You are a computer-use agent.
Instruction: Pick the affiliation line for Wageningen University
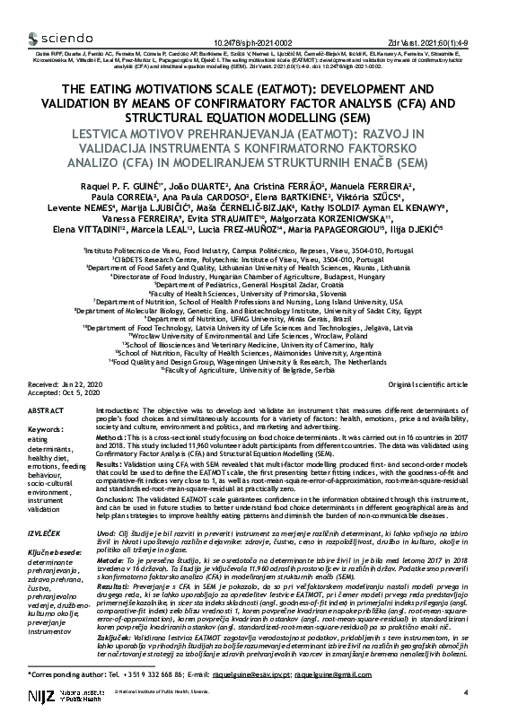[x=254, y=361]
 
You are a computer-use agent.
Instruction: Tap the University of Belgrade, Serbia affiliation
[x=254, y=369]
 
